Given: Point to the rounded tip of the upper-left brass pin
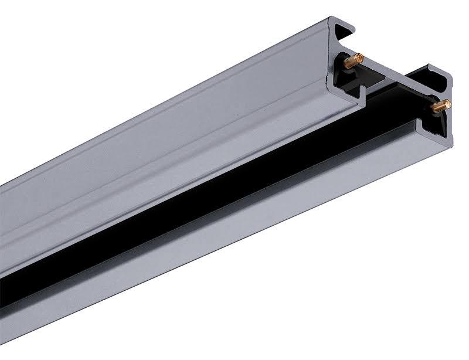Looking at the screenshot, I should (361, 56).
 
